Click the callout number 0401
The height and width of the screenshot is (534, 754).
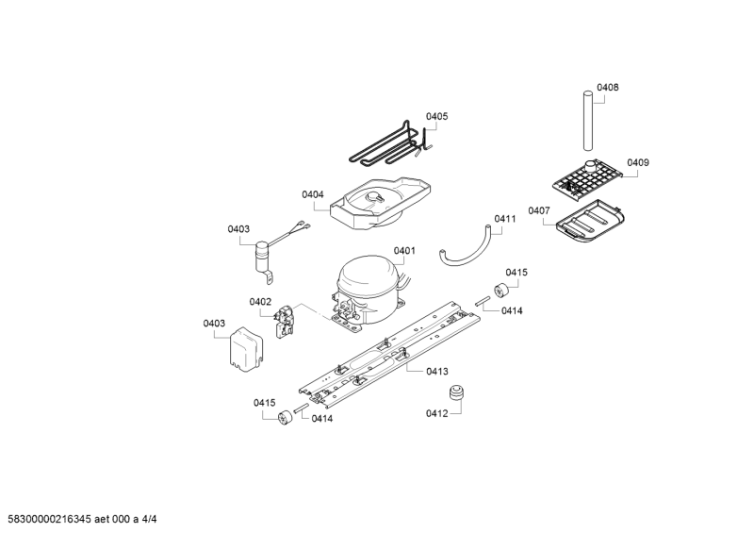click(404, 251)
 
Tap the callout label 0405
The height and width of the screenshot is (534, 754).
click(436, 117)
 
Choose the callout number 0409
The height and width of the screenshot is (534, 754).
click(638, 162)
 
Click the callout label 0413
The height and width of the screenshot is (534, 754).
click(436, 371)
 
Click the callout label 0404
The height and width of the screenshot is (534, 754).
click(313, 194)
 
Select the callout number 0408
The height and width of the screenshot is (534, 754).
click(608, 88)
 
